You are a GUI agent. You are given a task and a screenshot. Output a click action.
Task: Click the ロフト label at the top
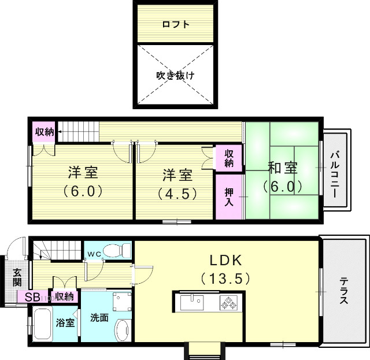176,25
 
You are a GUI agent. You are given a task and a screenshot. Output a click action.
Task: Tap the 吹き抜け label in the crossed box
176,75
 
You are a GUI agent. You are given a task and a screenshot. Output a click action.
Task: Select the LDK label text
225,259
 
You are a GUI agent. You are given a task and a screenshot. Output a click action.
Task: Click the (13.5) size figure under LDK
225,278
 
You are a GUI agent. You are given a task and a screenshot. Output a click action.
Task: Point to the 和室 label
283,169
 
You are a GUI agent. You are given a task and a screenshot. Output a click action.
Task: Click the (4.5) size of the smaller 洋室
177,192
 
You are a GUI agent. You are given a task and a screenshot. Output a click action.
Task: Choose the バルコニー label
335,174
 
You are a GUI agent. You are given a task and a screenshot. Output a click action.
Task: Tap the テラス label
343,292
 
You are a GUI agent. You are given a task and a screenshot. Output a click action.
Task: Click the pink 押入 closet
229,197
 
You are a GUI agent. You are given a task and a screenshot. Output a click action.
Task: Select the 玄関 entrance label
17,278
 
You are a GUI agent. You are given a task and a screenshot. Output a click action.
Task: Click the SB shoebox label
32,297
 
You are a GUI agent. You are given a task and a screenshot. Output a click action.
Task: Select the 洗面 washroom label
99,317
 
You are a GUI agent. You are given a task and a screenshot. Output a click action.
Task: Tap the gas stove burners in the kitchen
230,302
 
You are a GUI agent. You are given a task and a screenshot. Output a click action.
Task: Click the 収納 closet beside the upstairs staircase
45,132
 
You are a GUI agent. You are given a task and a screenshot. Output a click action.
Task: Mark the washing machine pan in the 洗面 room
121,301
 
